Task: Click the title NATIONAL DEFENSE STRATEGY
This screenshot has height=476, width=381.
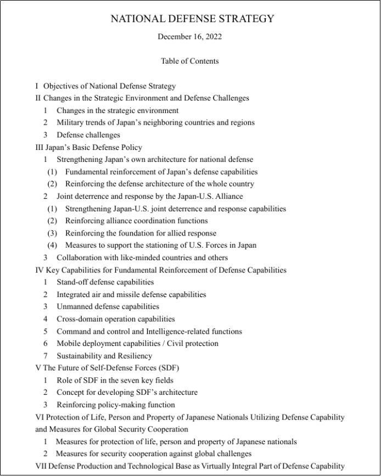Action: pos(192,19)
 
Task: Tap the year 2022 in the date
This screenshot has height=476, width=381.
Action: pos(212,37)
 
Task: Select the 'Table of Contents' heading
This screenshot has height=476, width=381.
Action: pos(190,61)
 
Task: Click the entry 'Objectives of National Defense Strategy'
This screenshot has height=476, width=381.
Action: pos(109,86)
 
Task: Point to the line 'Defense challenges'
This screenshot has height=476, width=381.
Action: pos(88,135)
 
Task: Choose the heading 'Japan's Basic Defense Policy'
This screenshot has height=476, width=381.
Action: pos(92,147)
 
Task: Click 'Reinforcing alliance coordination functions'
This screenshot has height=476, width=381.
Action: pos(136,221)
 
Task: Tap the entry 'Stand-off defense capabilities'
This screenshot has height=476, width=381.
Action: pos(105,282)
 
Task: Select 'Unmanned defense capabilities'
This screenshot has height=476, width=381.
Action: pos(108,306)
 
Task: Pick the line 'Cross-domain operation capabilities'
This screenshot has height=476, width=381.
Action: pos(116,319)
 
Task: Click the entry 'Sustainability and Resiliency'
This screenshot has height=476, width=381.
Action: pos(104,356)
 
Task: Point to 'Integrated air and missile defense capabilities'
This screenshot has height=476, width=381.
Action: pos(131,294)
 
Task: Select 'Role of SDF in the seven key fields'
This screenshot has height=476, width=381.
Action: pos(115,380)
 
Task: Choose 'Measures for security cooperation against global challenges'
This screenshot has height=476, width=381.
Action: pos(153,453)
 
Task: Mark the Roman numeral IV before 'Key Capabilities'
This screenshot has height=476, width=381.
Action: pos(40,270)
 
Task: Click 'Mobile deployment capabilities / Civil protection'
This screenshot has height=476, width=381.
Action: pos(137,343)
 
